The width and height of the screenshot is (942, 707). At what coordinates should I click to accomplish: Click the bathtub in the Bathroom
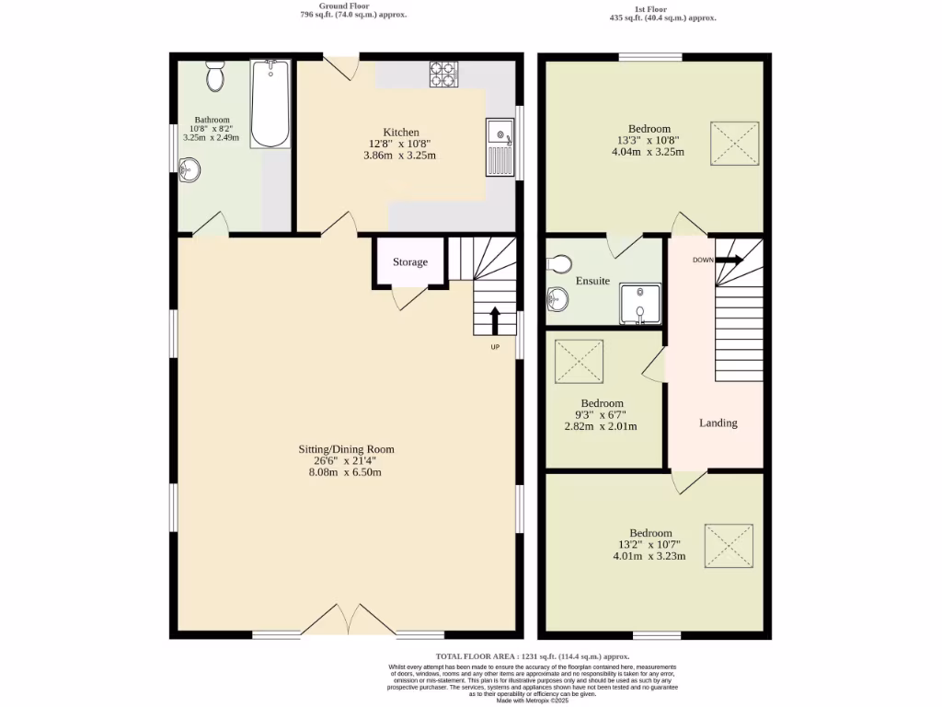(270, 103)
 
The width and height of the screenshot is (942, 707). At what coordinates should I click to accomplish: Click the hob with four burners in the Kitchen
(443, 74)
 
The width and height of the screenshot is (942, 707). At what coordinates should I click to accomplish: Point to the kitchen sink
(500, 147)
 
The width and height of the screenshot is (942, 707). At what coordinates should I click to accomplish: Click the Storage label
(410, 262)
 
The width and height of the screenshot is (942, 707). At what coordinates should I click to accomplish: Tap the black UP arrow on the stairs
(495, 320)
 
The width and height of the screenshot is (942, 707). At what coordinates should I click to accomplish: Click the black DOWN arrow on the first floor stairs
(729, 261)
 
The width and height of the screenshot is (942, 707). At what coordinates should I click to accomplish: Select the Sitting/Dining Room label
(346, 449)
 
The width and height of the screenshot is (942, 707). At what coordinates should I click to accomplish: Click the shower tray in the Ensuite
(639, 304)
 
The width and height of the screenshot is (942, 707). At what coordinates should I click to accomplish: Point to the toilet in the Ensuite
(559, 264)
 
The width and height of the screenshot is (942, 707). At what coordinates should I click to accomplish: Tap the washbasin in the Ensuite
(557, 298)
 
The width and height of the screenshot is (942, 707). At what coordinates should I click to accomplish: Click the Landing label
(718, 423)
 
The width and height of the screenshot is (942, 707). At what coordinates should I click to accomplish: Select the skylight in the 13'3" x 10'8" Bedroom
(734, 144)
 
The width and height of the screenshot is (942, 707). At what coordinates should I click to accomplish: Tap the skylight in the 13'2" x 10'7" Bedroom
(729, 547)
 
